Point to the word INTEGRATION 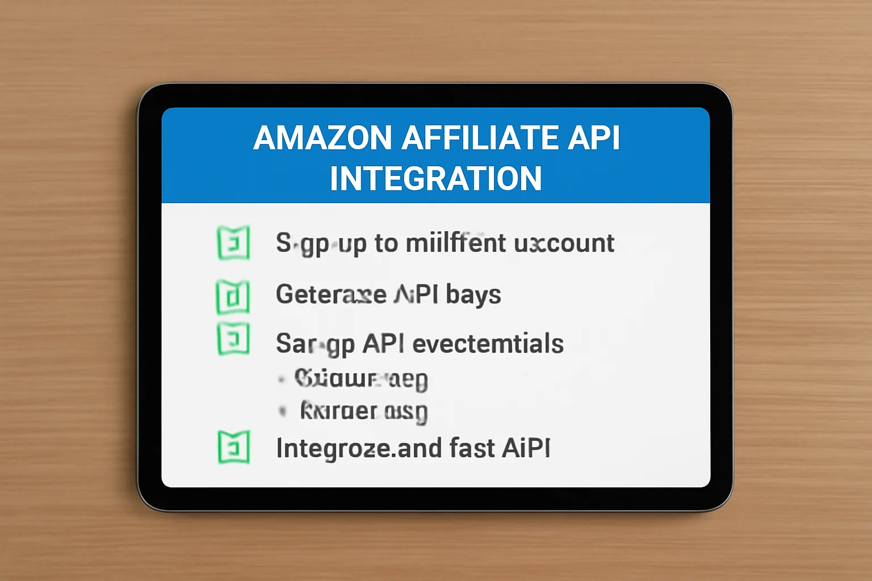pyautogui.click(x=436, y=178)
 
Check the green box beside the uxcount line pyautogui.click(x=233, y=243)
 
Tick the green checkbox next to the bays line pyautogui.click(x=233, y=296)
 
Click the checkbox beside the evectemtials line pyautogui.click(x=233, y=339)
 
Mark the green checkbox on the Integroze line pyautogui.click(x=233, y=447)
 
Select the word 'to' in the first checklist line pyautogui.click(x=386, y=243)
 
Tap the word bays pyautogui.click(x=473, y=294)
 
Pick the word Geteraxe pyautogui.click(x=331, y=294)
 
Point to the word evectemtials pyautogui.click(x=488, y=343)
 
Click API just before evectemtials pyautogui.click(x=383, y=343)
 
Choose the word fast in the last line pyautogui.click(x=472, y=448)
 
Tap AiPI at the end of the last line pyautogui.click(x=526, y=448)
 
